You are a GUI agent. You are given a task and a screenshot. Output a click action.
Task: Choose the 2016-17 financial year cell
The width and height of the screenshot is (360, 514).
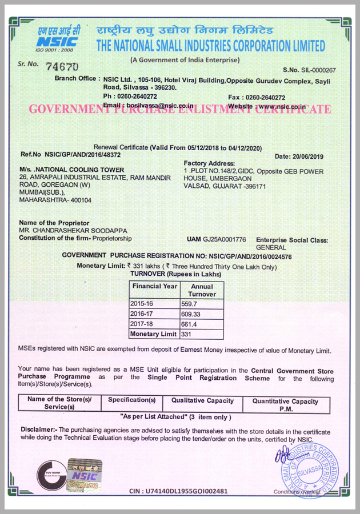[x=142, y=314]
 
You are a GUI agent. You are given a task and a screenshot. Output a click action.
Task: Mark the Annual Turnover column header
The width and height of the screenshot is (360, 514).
[x=201, y=290]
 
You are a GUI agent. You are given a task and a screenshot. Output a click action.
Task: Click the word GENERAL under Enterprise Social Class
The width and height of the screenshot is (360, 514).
[x=271, y=248]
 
